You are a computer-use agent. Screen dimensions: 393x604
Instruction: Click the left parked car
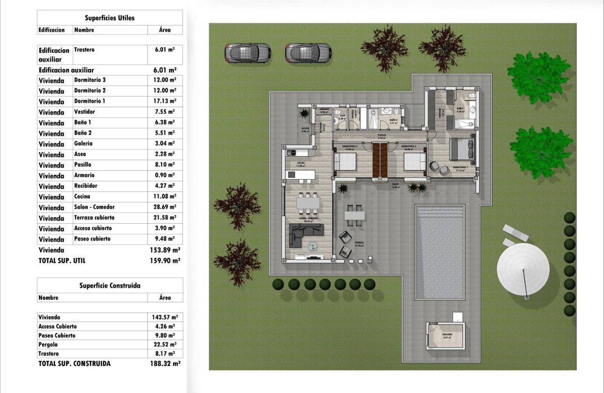pos(248,53)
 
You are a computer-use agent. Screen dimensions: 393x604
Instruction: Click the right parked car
pos(309,52)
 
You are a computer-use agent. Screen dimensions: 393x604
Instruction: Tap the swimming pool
pos(440,253)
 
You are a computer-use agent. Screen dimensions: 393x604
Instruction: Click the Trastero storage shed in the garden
pos(446,335)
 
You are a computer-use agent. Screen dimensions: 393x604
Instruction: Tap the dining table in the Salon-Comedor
pos(308,203)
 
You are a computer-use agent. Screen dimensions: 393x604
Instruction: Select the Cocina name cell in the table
pos(82,197)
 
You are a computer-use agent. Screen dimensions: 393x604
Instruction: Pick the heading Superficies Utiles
pos(110,18)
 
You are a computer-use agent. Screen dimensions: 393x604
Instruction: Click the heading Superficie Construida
pos(110,285)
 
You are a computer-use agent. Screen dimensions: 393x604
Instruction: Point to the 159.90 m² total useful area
pos(164,261)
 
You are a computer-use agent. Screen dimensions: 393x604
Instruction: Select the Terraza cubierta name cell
pos(94,218)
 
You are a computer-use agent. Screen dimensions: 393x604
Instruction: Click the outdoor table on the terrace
pos(354,215)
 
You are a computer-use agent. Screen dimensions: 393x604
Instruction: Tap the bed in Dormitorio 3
pos(346,162)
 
